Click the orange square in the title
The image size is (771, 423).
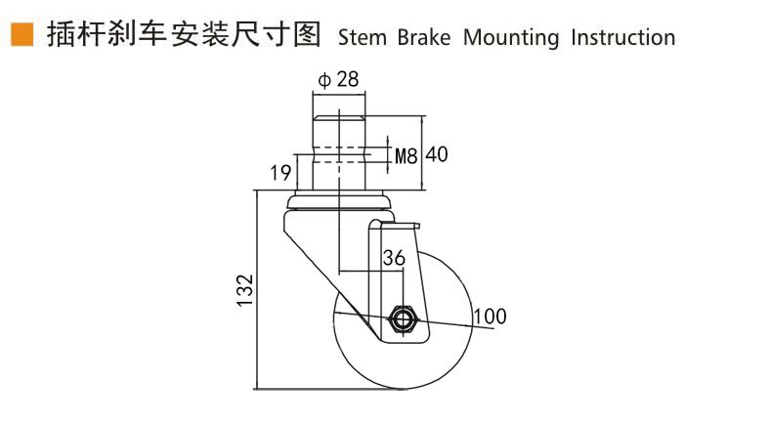coord(21,35)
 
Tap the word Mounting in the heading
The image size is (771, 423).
coord(511,39)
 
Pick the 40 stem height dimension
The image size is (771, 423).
coord(438,154)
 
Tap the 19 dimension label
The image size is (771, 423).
coord(280,173)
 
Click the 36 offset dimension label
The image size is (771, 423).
coord(394,258)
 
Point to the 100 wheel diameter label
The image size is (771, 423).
coord(490,316)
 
